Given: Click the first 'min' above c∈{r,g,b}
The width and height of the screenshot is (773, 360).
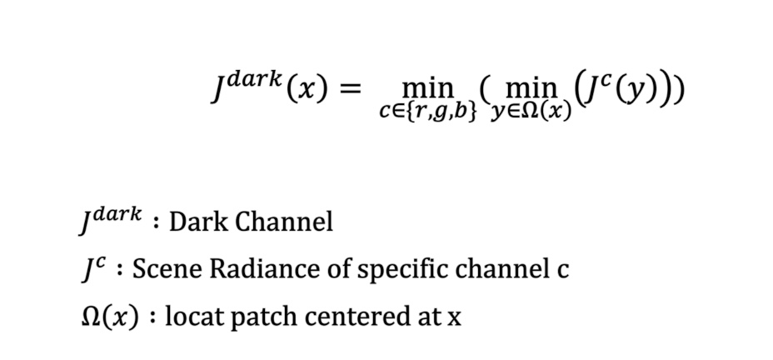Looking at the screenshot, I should [x=427, y=87].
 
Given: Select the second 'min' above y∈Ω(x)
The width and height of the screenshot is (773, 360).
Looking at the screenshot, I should [x=533, y=87].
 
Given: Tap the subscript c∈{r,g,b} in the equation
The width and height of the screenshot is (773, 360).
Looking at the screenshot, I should [x=426, y=110].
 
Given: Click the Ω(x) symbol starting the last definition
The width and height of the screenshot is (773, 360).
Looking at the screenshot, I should [x=108, y=317].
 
